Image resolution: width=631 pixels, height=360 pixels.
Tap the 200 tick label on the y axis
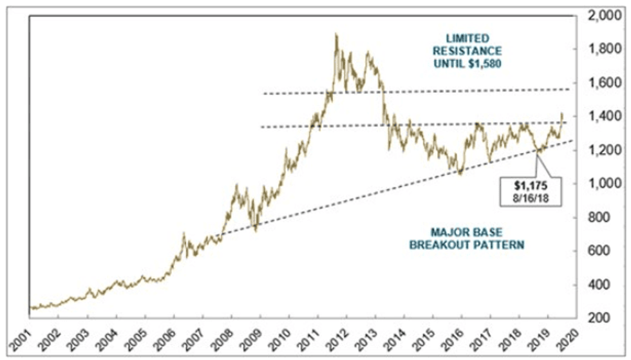(608, 318)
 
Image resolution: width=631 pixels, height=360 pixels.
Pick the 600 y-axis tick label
(608, 251)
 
